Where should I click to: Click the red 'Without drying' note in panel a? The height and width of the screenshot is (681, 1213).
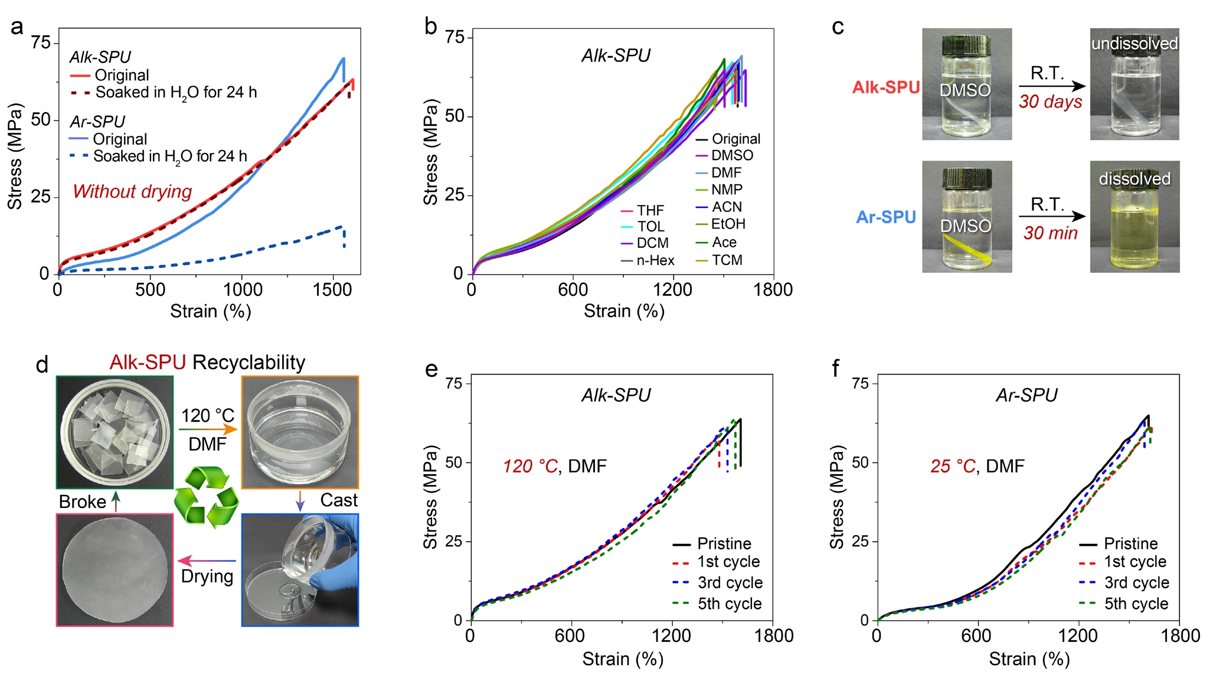[132, 192]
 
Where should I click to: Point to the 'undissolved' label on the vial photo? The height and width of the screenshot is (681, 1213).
[1134, 44]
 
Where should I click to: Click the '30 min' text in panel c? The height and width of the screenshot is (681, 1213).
[1050, 233]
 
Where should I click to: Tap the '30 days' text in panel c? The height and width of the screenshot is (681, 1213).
[1050, 102]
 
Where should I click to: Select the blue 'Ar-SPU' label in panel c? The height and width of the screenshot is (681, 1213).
[885, 217]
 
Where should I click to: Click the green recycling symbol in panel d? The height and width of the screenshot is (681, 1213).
[207, 496]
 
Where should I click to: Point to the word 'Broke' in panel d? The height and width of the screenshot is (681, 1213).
[82, 502]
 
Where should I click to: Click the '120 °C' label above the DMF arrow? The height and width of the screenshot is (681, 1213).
[207, 416]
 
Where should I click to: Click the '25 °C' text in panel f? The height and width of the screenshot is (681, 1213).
[953, 467]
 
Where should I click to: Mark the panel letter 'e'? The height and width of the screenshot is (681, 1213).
[431, 369]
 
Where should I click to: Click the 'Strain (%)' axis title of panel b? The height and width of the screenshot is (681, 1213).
[624, 311]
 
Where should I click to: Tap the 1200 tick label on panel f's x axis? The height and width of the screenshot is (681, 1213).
[1078, 636]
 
